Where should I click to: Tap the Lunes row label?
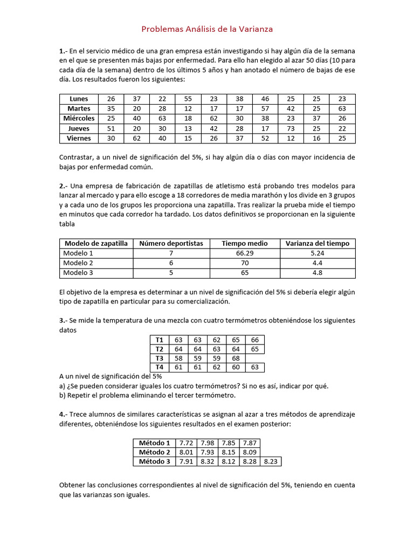click(79, 99)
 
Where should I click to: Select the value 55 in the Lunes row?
click(188, 99)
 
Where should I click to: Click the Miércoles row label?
click(79, 119)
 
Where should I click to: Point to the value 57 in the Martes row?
click(265, 108)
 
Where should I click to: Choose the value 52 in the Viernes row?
click(265, 139)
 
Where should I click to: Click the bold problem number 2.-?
click(64, 186)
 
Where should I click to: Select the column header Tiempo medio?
click(244, 243)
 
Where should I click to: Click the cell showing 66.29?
click(244, 253)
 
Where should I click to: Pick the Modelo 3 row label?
click(78, 273)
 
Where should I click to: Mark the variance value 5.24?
click(317, 253)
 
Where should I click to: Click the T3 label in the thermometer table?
click(159, 358)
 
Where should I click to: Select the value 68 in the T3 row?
click(236, 358)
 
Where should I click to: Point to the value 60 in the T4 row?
click(236, 368)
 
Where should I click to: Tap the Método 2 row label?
click(154, 452)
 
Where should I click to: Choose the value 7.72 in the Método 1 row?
click(186, 443)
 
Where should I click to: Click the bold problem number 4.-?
click(64, 414)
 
